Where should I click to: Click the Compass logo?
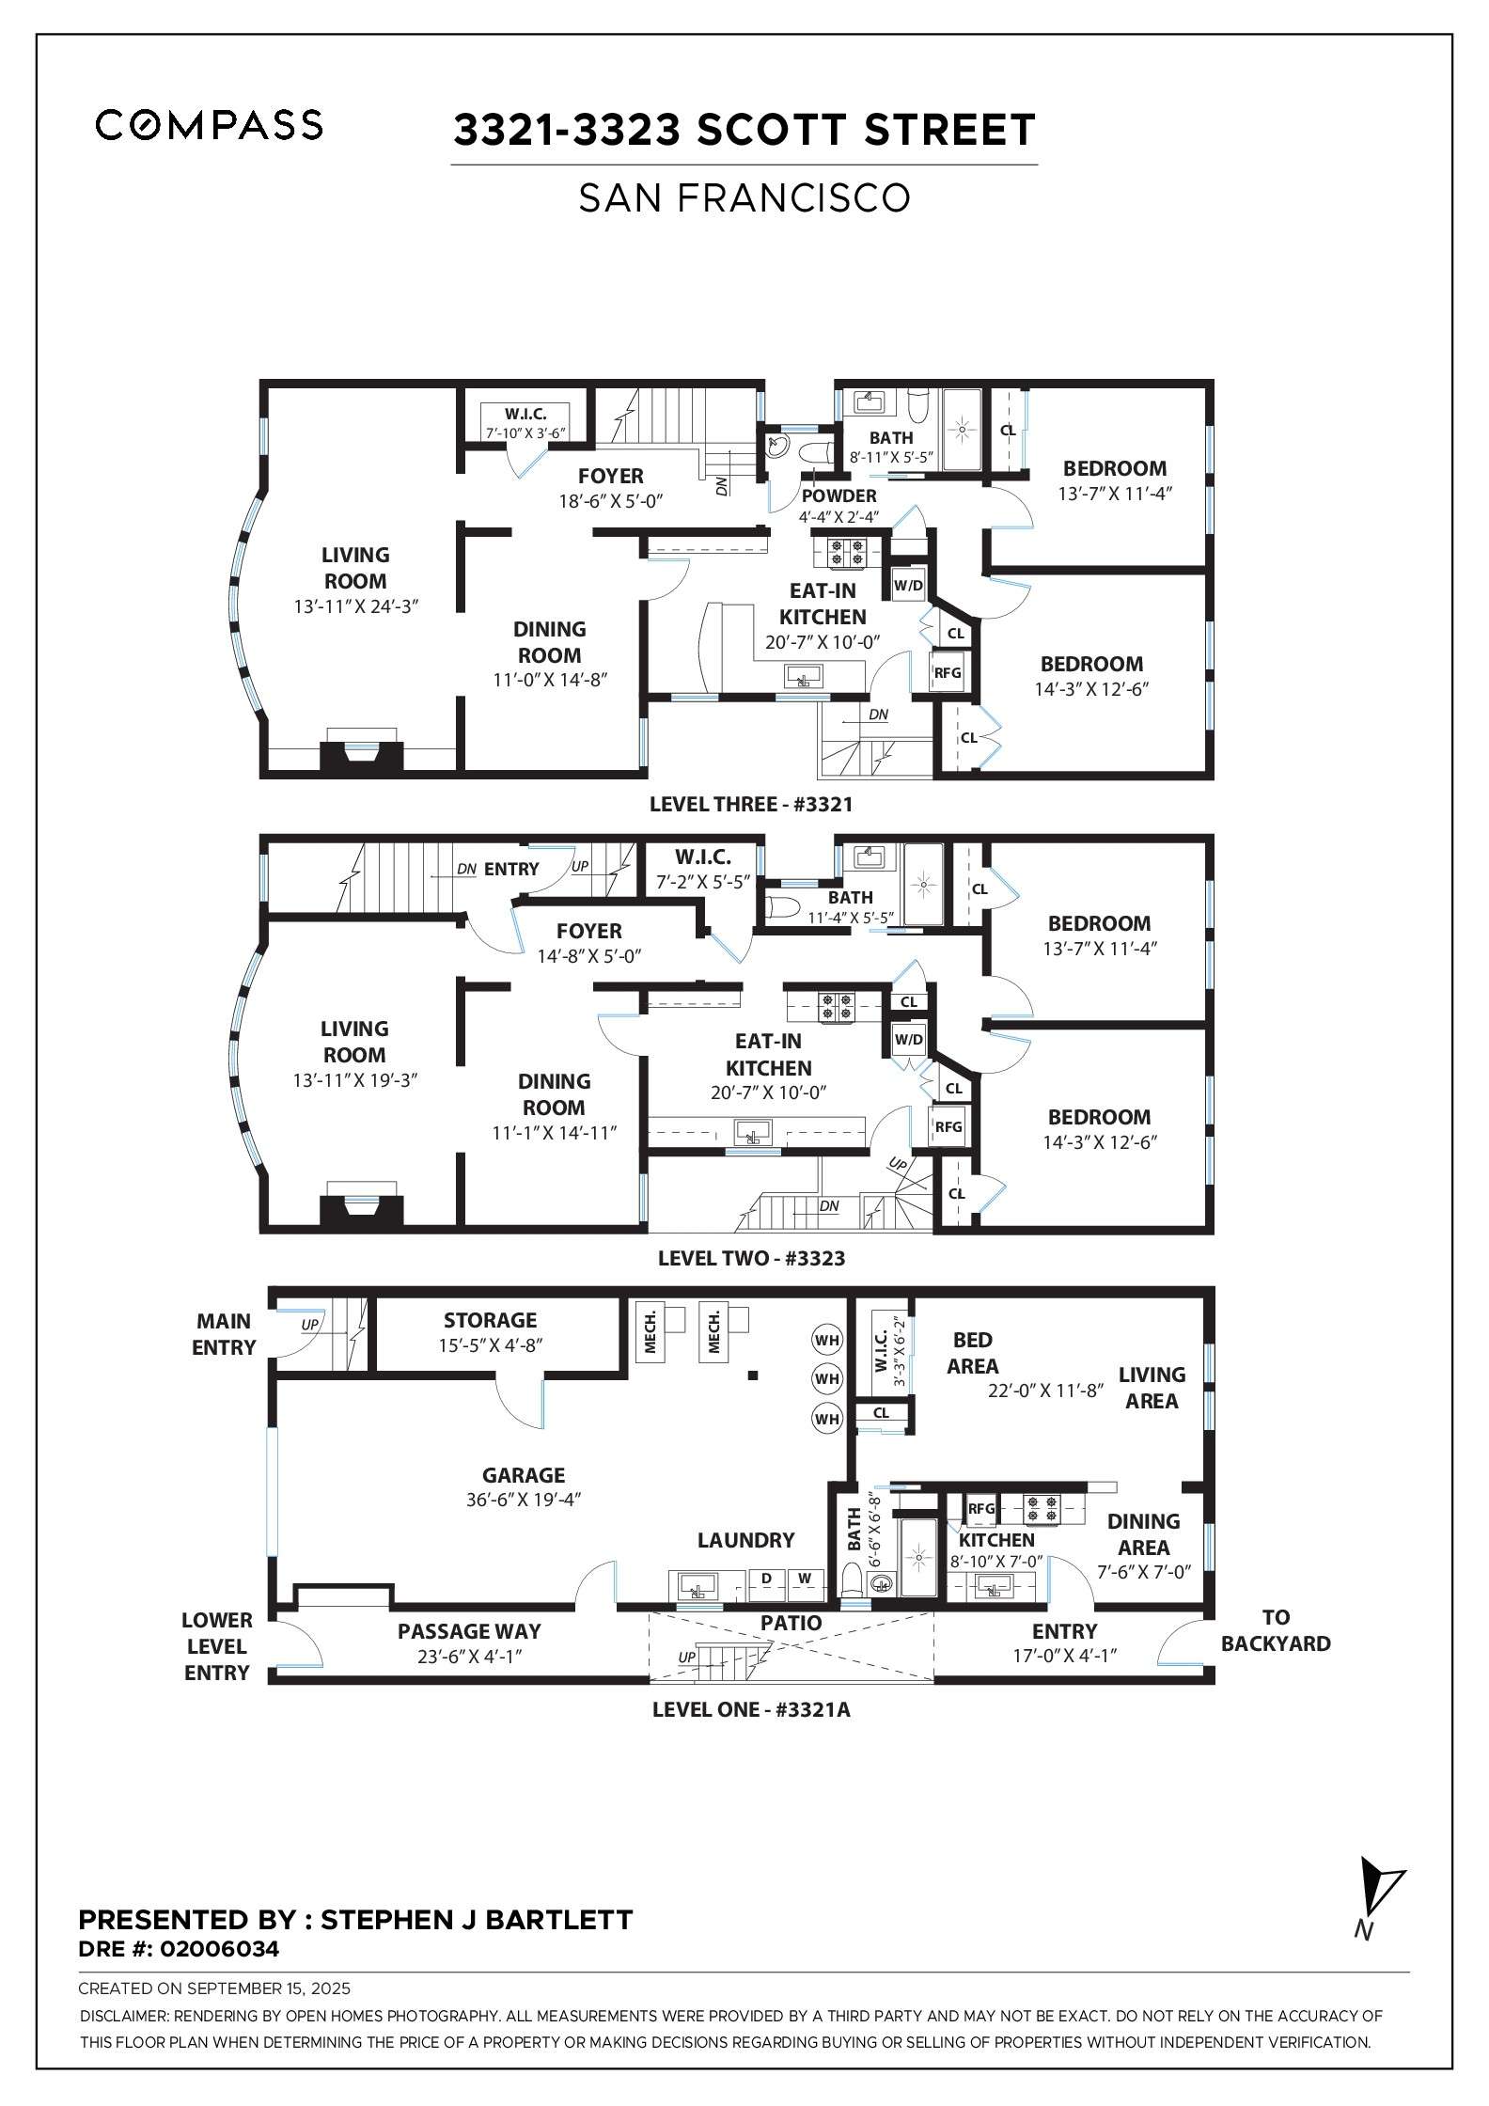click(x=209, y=125)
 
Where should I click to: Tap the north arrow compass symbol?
click(x=1378, y=1903)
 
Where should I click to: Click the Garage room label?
click(x=524, y=1475)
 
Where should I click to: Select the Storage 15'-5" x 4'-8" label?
click(x=490, y=1332)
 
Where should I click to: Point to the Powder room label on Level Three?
click(x=839, y=495)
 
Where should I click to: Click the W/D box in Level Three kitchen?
click(x=908, y=585)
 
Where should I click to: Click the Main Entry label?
click(x=224, y=1334)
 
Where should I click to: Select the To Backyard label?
click(x=1276, y=1630)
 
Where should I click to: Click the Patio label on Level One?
click(x=791, y=1623)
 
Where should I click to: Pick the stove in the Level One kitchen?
click(x=1042, y=1509)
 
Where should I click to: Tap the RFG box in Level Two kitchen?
click(x=948, y=1126)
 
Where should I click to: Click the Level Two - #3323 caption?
click(x=751, y=1258)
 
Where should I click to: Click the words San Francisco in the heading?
click(x=744, y=198)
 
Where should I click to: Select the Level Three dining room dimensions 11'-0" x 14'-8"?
click(x=550, y=680)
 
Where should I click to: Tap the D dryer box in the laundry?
click(x=766, y=1578)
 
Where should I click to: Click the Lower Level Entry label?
click(x=217, y=1646)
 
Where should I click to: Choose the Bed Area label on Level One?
click(x=972, y=1352)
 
